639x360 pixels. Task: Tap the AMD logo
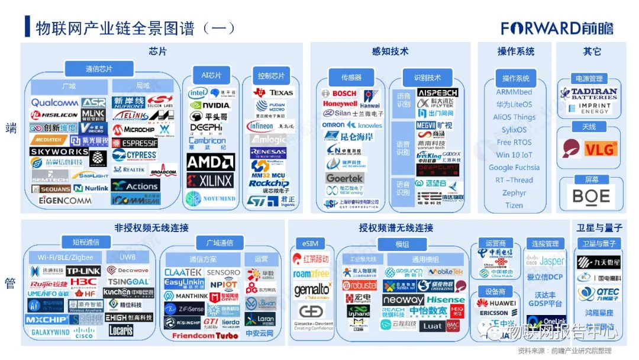point(211,162)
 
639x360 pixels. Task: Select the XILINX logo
point(211,181)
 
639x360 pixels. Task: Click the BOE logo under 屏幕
point(591,196)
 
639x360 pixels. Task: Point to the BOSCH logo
point(340,94)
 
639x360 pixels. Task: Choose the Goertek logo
point(345,178)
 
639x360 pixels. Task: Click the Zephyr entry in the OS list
point(514,193)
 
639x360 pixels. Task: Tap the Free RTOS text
point(514,142)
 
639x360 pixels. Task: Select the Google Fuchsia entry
point(514,168)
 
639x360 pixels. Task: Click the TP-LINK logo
point(83,271)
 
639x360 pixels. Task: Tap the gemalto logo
point(312,290)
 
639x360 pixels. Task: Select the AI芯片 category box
point(211,75)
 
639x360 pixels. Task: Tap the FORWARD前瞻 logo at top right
point(557,28)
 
